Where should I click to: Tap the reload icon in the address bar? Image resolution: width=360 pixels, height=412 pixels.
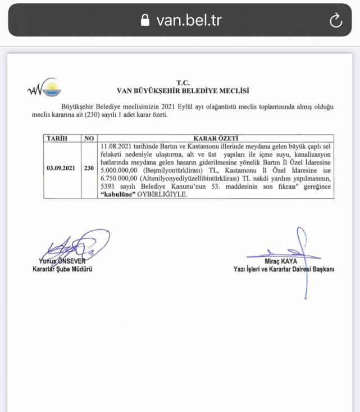335,21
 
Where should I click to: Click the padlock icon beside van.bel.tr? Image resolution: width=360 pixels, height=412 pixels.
145,21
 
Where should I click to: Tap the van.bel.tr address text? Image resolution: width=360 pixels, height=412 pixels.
189,21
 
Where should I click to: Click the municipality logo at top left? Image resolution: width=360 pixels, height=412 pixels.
44,88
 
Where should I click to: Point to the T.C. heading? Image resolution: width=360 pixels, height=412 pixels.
183,82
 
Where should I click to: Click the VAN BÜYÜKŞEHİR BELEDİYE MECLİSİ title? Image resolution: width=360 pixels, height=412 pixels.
183,90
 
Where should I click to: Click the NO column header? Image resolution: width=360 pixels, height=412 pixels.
89,137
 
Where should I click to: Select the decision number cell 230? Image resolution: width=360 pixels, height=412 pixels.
89,168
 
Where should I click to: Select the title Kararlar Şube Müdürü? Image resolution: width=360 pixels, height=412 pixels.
62,269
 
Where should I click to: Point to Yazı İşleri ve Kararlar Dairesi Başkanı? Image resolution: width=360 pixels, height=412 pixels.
284,269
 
